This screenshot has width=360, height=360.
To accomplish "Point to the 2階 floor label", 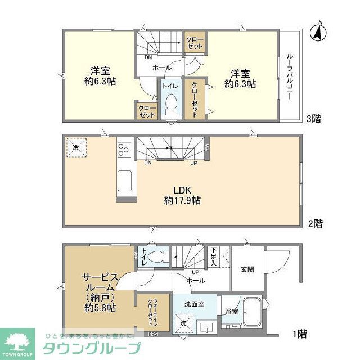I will pos(315,223).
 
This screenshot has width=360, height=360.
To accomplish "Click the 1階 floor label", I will pos(299,334).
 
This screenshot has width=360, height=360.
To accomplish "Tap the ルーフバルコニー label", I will pos(289,76).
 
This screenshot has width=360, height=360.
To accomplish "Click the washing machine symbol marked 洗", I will pos(184,323).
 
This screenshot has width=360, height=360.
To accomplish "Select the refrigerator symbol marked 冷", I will pos(76,147).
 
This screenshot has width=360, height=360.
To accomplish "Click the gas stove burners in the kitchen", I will pos(123,150).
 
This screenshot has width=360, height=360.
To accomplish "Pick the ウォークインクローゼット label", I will pos(152,309).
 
